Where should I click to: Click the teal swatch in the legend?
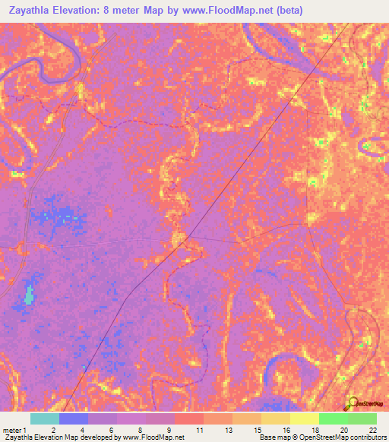coord(45,418)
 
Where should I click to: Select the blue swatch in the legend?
coord(74,418)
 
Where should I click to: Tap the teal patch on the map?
coord(30,295)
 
